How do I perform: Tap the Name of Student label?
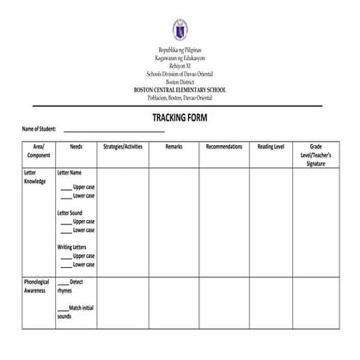click(39, 130)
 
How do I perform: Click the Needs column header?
click(76, 147)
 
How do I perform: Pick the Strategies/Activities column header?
click(122, 147)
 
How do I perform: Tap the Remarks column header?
click(174, 147)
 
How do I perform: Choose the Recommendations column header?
click(224, 147)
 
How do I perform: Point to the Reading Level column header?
click(271, 147)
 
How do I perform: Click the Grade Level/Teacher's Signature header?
click(315, 155)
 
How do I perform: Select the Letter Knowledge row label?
click(37, 178)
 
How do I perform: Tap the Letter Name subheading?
click(70, 173)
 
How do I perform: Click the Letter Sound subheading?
click(70, 212)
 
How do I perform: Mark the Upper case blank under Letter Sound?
click(65, 223)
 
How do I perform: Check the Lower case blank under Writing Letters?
click(65, 265)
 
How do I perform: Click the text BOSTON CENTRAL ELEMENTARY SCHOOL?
click(180, 90)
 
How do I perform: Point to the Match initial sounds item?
click(75, 312)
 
